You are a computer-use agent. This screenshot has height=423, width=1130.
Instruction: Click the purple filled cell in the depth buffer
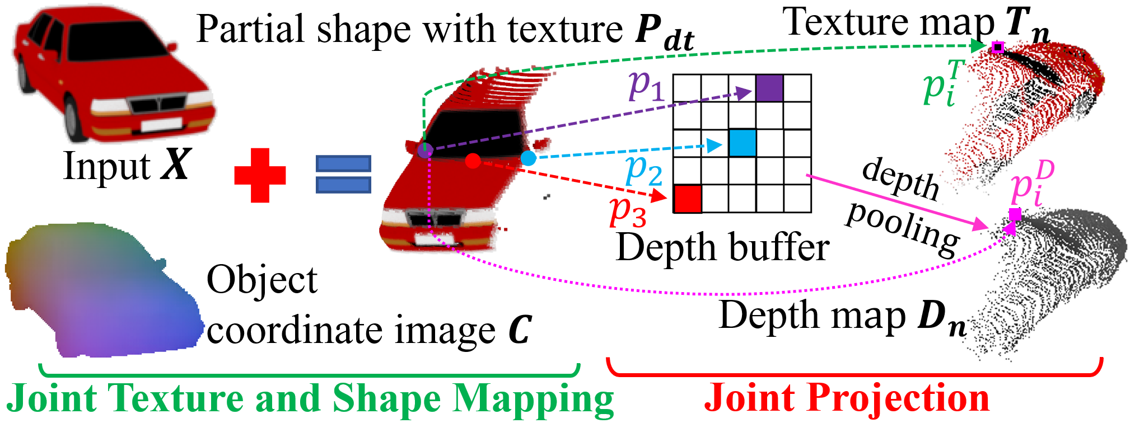pyautogui.click(x=769, y=88)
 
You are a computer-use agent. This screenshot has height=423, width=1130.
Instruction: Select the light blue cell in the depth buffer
pyautogui.click(x=743, y=143)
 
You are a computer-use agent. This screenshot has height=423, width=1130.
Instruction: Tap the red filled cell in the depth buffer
pyautogui.click(x=687, y=199)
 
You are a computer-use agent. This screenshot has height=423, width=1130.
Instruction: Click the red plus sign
pyautogui.click(x=260, y=175)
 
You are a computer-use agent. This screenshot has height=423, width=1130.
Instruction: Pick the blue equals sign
pyautogui.click(x=343, y=174)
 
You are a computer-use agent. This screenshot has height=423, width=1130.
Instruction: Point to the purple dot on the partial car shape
pyautogui.click(x=426, y=149)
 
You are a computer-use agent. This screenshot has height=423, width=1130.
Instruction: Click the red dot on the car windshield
pyautogui.click(x=473, y=161)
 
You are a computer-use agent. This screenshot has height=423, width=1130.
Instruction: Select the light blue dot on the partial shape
pyautogui.click(x=528, y=158)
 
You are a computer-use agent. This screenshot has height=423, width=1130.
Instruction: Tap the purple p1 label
pyautogui.click(x=646, y=87)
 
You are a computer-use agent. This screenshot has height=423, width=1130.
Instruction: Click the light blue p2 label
pyautogui.click(x=644, y=170)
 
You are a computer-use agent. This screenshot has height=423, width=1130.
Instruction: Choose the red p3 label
pyautogui.click(x=628, y=211)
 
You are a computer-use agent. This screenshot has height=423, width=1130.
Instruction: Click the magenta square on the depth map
pyautogui.click(x=1015, y=214)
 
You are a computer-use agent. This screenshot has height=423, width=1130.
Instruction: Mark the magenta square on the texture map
pyautogui.click(x=997, y=48)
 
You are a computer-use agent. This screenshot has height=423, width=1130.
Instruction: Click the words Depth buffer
pyautogui.click(x=722, y=247)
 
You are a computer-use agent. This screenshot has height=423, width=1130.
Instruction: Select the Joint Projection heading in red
pyautogui.click(x=847, y=398)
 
